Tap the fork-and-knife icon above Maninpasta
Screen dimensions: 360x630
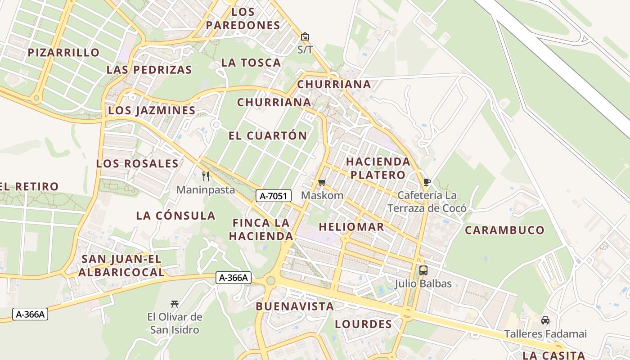[206, 176]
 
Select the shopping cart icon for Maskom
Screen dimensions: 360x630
[322, 182]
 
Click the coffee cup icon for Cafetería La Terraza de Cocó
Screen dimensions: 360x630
[427, 182]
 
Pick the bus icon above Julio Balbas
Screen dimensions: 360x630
[423, 270]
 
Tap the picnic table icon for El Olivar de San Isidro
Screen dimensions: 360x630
[175, 304]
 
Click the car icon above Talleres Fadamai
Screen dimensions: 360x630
[545, 320]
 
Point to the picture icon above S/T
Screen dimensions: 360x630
[305, 36]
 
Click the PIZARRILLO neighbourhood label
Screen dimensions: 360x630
[63, 53]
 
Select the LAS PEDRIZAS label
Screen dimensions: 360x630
[149, 70]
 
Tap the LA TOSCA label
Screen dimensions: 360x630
[251, 63]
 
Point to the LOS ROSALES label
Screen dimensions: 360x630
[137, 163]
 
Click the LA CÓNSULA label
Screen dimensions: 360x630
[175, 216]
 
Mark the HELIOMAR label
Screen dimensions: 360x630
[351, 227]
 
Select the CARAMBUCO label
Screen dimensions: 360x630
[504, 230]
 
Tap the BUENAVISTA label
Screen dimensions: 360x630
[295, 306]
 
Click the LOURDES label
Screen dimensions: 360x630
[363, 324]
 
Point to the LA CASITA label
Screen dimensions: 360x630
[553, 355]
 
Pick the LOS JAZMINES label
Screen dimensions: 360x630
[152, 110]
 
